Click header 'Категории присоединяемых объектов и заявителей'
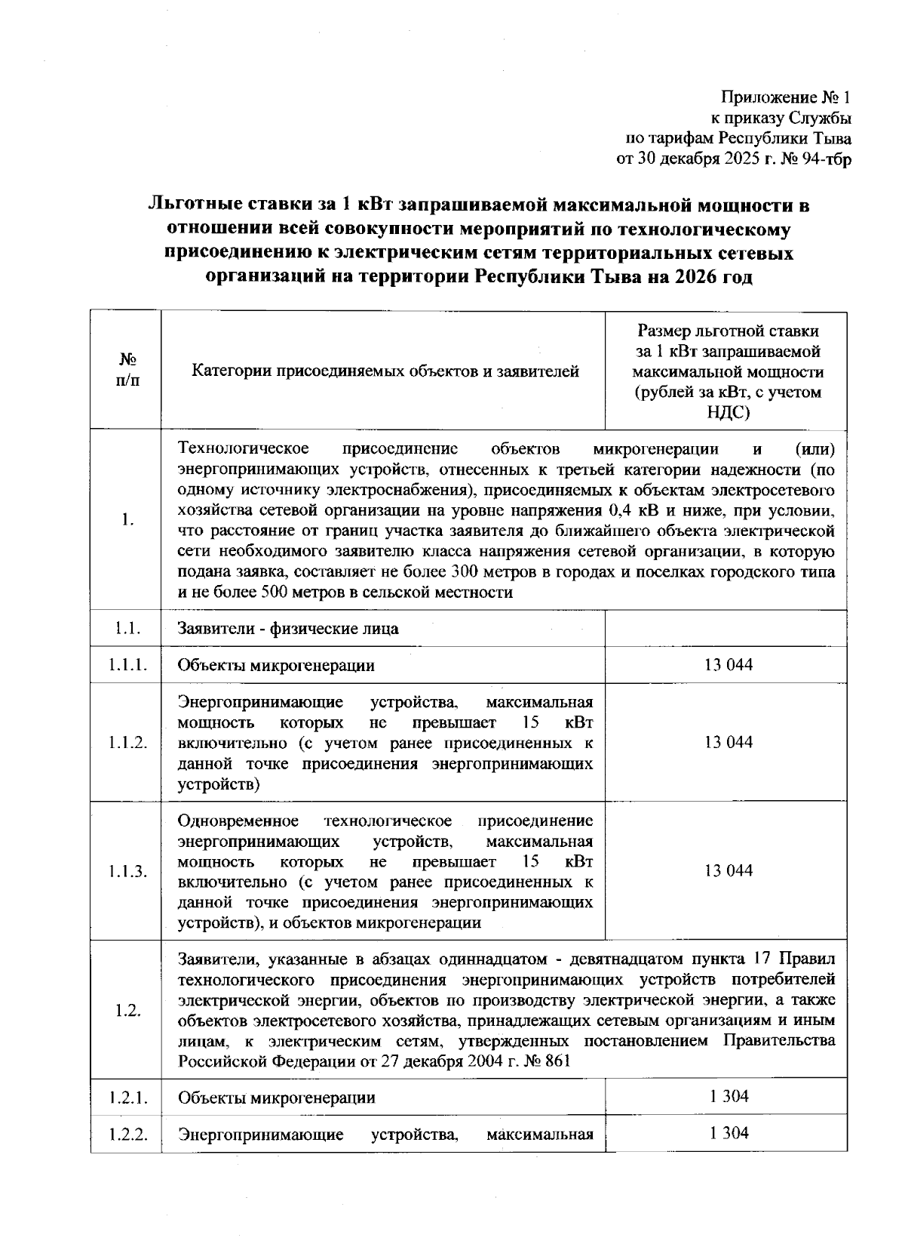(385, 371)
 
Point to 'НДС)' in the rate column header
(728, 412)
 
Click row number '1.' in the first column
(127, 520)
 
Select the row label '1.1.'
(127, 628)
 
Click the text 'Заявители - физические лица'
(288, 628)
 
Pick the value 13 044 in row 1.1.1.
(728, 665)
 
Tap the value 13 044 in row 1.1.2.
(728, 743)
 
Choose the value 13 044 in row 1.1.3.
(728, 871)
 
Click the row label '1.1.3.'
(127, 871)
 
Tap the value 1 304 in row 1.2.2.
(729, 1132)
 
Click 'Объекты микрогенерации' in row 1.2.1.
(276, 1098)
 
